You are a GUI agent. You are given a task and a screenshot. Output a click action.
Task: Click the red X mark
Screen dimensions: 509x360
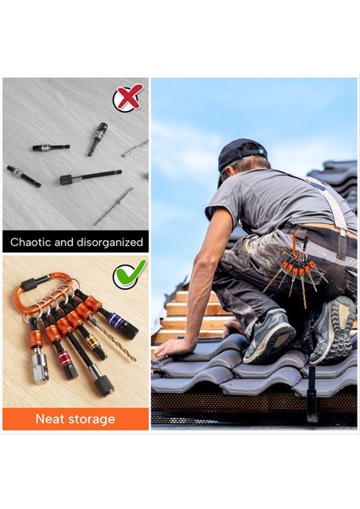pos(128,98)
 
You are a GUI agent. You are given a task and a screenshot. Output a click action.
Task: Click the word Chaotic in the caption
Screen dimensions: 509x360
pos(34,242)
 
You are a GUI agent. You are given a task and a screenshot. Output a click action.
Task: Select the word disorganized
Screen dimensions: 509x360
pos(104,242)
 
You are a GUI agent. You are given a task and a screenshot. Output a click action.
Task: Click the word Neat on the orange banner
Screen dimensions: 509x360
pos(52,419)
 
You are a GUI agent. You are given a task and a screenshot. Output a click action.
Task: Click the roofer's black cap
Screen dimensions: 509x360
pos(239,154)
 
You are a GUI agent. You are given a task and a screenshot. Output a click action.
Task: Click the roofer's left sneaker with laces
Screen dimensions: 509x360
pos(269,334)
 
